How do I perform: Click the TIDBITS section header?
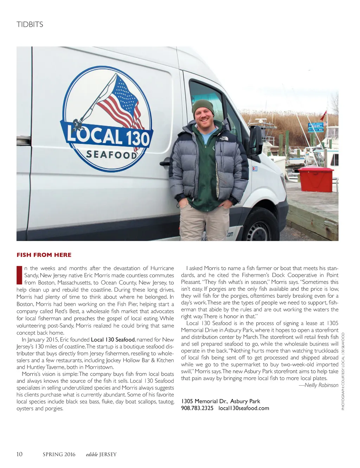pos(30,25)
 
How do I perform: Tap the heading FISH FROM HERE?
pos(44,255)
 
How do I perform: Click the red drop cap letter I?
pos(19,275)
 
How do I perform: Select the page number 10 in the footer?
pos(19,454)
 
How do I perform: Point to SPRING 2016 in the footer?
pos(59,454)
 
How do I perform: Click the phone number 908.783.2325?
pos(197,408)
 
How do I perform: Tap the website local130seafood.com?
pos(244,408)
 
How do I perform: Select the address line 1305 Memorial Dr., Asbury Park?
pos(221,401)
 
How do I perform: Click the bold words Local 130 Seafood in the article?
pos(113,340)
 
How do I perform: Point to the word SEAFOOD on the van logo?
pos(112,154)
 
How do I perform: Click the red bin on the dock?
pos(316,179)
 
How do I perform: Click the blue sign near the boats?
pos(315,127)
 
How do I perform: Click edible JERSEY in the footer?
pos(101,454)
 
